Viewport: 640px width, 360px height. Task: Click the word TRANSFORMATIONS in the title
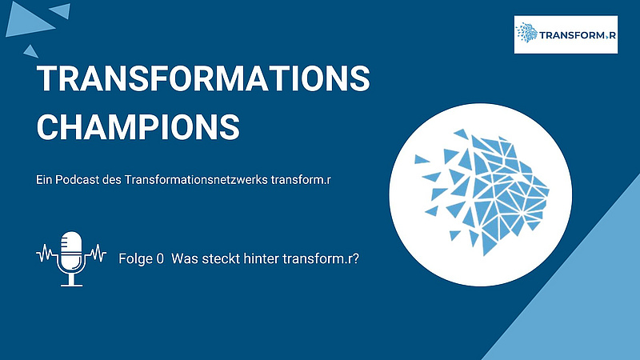click(x=203, y=78)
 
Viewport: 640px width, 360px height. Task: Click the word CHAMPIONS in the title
click(x=138, y=127)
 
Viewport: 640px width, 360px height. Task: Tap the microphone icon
click(x=71, y=258)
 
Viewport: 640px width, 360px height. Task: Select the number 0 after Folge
click(x=160, y=258)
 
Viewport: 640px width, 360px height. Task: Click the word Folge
click(x=135, y=259)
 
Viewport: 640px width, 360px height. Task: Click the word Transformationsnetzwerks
click(x=196, y=179)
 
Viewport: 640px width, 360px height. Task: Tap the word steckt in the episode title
click(x=221, y=258)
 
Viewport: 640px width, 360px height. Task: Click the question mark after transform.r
click(x=355, y=258)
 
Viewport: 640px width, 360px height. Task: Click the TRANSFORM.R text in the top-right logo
click(x=578, y=35)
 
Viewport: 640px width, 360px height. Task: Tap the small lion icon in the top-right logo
click(x=526, y=33)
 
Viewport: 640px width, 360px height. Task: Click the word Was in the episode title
click(x=185, y=258)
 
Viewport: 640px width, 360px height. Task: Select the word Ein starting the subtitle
click(x=44, y=179)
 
